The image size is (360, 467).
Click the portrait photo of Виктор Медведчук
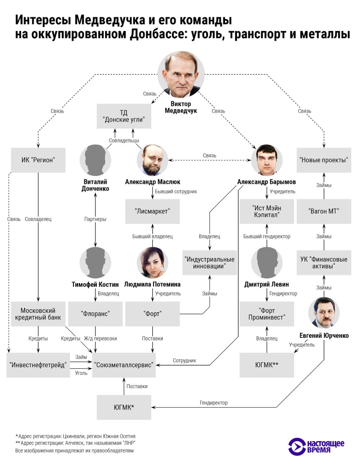181,74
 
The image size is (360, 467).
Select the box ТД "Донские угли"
124,116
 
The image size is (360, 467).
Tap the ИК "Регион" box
38,160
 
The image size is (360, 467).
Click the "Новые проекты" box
323,160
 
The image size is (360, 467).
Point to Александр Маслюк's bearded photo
152,160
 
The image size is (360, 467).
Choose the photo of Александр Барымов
267,160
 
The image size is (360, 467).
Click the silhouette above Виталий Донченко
95,160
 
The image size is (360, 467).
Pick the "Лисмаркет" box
152,211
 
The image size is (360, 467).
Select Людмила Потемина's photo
152,263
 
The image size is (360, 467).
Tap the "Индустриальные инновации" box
210,263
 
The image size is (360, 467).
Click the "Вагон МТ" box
323,211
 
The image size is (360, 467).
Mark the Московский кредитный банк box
38,314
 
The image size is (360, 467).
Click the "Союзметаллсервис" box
124,365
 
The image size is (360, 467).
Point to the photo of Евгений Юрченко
323,313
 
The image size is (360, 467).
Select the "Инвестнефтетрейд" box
38,365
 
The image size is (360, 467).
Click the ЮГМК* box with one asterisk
124,407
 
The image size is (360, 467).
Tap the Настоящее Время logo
316,447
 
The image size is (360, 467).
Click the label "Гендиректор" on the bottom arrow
214,403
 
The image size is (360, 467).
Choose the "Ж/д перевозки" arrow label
100,339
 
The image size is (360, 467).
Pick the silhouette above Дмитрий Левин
267,263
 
